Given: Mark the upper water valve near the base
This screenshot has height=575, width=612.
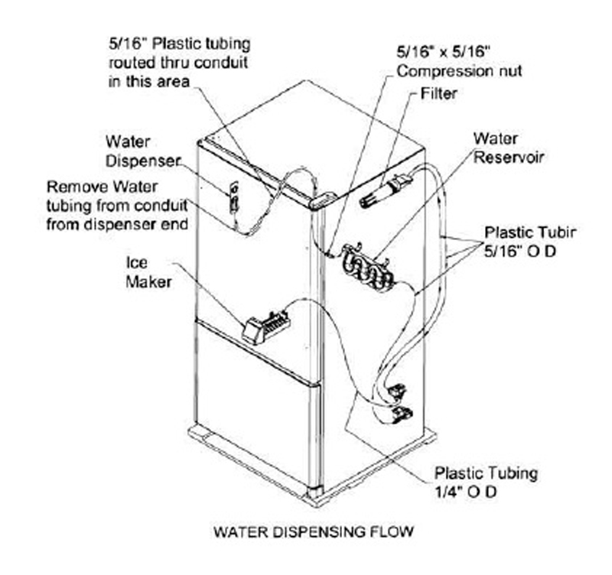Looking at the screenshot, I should coord(396,393).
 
